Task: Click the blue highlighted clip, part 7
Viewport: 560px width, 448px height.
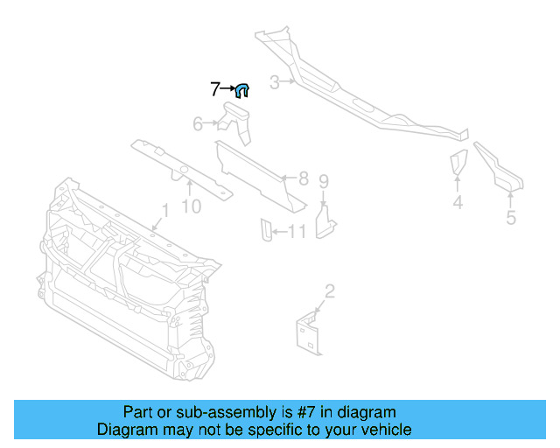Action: click(x=243, y=88)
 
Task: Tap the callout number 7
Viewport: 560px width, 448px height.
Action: click(x=215, y=88)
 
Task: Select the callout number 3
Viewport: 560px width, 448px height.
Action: click(x=274, y=83)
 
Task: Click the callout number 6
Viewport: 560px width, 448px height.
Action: click(x=198, y=124)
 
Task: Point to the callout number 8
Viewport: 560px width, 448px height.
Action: click(x=304, y=178)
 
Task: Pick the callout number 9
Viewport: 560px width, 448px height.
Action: click(x=323, y=182)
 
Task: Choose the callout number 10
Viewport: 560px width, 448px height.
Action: click(x=191, y=206)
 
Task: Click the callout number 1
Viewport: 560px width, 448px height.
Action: click(x=163, y=210)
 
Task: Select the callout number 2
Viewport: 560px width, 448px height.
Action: click(x=329, y=290)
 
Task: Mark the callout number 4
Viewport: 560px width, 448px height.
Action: click(x=458, y=204)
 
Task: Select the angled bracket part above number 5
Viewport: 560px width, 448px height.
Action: click(x=499, y=167)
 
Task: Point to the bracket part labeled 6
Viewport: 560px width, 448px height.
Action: click(x=237, y=121)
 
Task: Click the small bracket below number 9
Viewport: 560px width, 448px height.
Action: click(x=325, y=219)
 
